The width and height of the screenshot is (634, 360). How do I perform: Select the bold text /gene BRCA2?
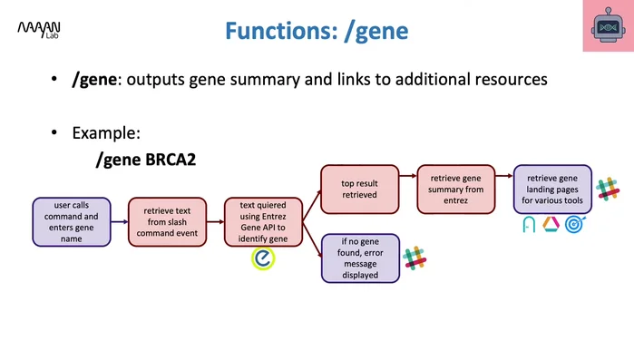pos(146,161)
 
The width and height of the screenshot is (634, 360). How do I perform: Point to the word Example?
pos(106,133)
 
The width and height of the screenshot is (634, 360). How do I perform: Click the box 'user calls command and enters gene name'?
pos(72,222)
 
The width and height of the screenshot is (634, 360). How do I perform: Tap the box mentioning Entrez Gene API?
pos(262,222)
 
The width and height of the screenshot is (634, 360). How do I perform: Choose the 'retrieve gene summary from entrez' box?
pos(455,188)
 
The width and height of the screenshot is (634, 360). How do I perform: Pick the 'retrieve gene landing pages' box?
pos(551,190)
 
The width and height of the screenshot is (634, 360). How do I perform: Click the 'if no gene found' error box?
pos(360,258)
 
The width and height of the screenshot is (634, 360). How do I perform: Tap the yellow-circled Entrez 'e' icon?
pos(263,259)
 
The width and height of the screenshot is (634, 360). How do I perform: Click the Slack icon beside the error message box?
pos(415,257)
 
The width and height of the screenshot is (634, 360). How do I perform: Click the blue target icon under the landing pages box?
pos(575,225)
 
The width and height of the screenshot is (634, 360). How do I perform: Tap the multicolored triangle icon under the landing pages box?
pos(551,225)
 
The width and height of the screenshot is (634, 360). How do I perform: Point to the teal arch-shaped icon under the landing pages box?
pos(529,225)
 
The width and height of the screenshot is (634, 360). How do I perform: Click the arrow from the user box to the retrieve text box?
pos(119,222)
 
